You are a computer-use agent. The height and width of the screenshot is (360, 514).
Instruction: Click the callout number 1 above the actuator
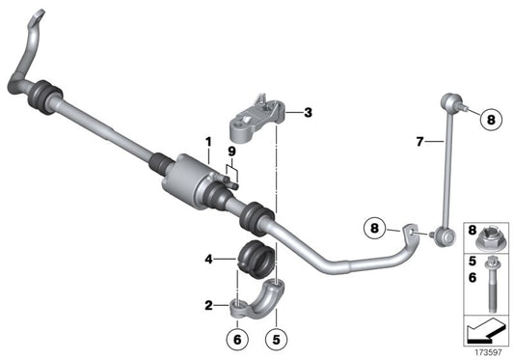click(206, 143)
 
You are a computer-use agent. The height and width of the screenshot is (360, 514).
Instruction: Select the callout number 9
click(231, 152)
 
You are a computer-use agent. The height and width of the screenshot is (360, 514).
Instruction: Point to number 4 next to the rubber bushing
click(207, 258)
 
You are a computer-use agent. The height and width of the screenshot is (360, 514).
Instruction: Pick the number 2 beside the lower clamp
click(207, 305)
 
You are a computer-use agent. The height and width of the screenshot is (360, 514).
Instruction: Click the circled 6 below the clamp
click(237, 339)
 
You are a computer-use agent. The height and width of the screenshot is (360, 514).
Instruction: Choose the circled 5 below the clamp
click(276, 339)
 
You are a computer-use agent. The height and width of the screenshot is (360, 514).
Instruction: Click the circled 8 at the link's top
click(489, 121)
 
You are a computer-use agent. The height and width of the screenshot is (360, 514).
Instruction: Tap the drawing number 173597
click(489, 351)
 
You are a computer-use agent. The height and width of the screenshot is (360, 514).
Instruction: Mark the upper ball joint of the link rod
click(450, 99)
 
